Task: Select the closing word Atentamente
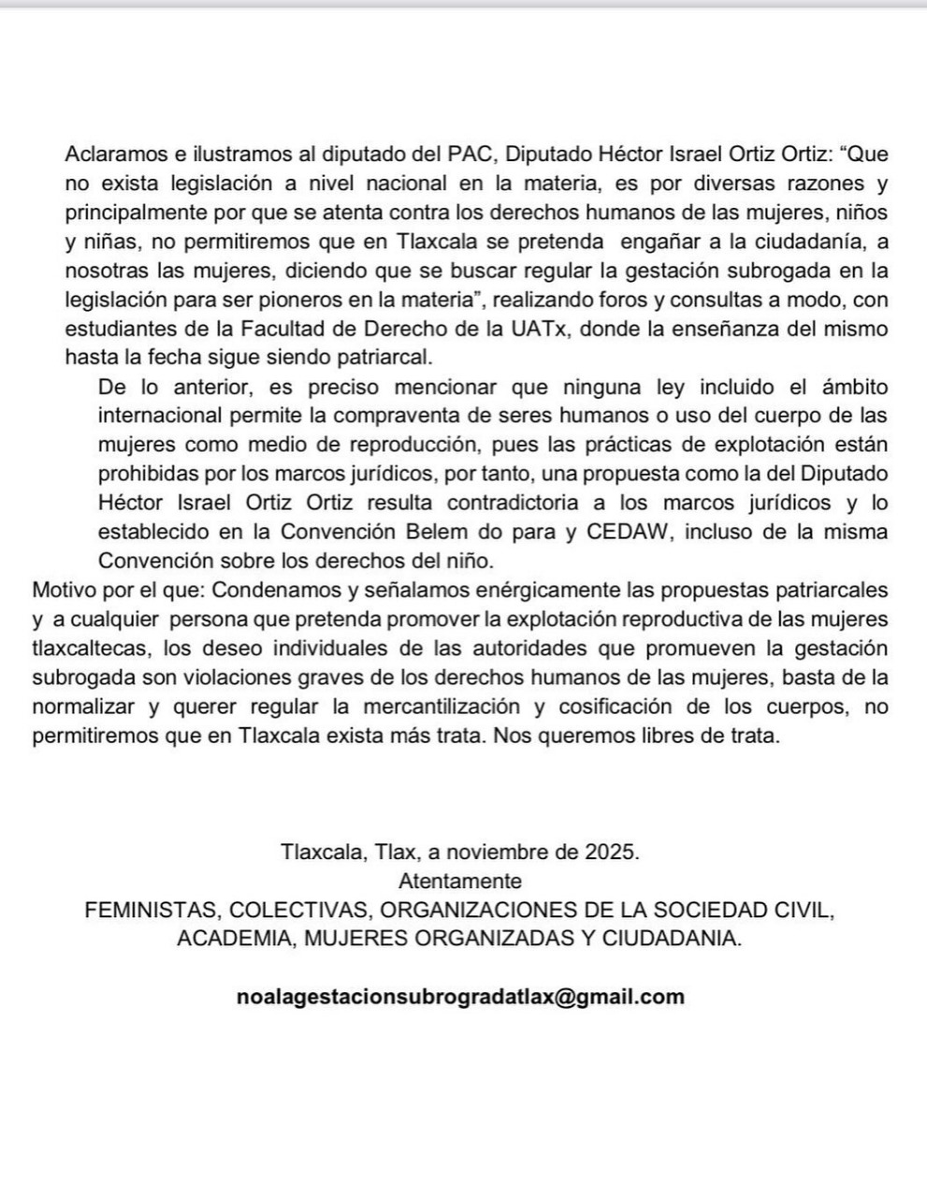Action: (x=460, y=881)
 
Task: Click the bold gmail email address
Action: (x=460, y=997)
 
